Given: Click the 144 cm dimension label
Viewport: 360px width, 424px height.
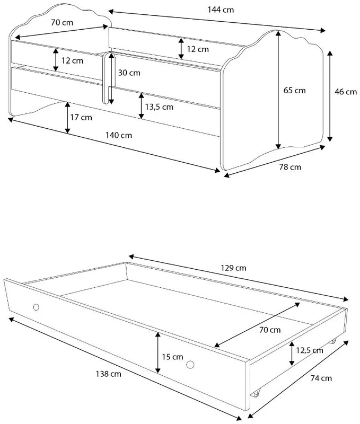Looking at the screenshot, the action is tap(221, 10).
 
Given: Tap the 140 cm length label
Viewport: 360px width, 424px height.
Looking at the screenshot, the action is tap(119, 135).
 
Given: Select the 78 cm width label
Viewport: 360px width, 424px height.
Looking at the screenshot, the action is tap(290, 167).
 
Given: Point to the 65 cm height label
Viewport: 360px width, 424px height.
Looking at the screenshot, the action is tap(295, 90).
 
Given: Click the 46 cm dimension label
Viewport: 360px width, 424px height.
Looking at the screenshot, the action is tap(346, 92).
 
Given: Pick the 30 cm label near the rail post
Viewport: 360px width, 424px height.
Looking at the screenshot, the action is tap(129, 73).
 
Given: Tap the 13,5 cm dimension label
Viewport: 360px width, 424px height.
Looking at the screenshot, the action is tap(159, 107).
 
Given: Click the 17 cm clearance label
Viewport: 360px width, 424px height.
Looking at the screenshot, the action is tap(81, 117).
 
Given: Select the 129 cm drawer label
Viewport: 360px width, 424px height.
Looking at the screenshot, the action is tap(233, 268).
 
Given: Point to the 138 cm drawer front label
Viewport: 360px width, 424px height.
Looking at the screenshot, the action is tap(109, 374).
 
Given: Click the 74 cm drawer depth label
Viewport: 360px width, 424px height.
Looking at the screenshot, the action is tap(321, 378).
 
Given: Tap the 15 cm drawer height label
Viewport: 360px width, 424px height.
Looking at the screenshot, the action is tap(172, 357).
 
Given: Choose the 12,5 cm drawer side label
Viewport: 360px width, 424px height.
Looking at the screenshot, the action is tap(310, 350).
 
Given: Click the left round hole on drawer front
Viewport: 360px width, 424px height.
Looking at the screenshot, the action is tap(36, 307).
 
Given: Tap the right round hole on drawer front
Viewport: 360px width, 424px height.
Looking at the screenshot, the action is tap(190, 365).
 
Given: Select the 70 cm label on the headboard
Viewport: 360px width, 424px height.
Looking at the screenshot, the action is tap(62, 22).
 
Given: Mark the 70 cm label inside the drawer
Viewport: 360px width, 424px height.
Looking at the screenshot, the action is tap(270, 330).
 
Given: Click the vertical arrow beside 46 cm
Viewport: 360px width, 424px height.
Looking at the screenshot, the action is tap(330, 96).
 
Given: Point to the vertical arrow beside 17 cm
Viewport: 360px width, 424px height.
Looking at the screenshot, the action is tap(68, 118).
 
